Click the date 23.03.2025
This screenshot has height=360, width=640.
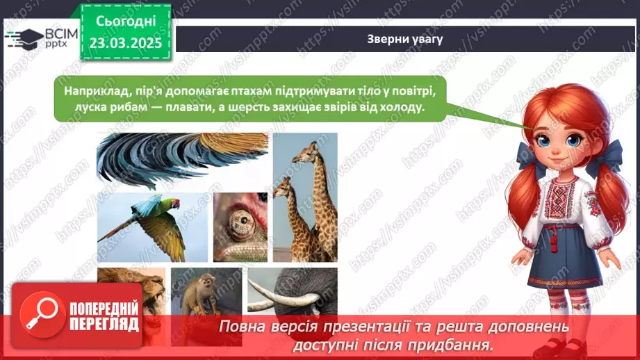pyautogui.click(x=126, y=43)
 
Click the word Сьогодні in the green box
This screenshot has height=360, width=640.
pyautogui.click(x=126, y=22)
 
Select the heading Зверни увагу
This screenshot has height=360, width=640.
pyautogui.click(x=405, y=39)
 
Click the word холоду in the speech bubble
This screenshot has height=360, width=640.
pyautogui.click(x=402, y=108)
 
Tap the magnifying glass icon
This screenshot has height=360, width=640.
pyautogui.click(x=42, y=315)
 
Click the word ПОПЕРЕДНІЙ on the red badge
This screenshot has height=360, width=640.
pyautogui.click(x=104, y=309)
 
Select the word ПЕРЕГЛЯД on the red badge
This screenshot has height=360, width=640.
pyautogui.click(x=104, y=324)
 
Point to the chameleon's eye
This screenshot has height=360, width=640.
pyautogui.click(x=243, y=221)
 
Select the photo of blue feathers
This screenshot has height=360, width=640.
pyautogui.click(x=182, y=161)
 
